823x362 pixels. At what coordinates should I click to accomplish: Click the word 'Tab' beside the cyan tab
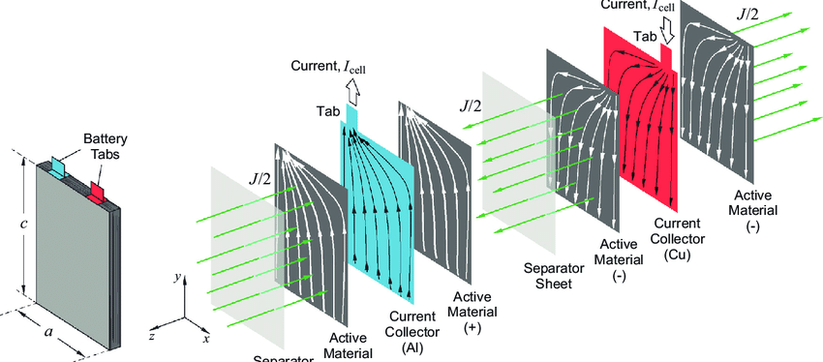[327, 111]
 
